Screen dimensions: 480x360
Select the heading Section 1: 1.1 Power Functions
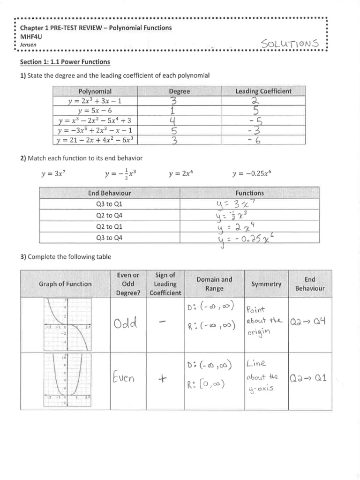[x=64, y=61]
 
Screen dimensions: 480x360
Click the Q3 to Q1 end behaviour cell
[x=109, y=204]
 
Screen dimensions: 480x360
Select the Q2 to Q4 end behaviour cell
[x=109, y=216]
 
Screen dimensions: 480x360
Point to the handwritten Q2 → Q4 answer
[x=310, y=322]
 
